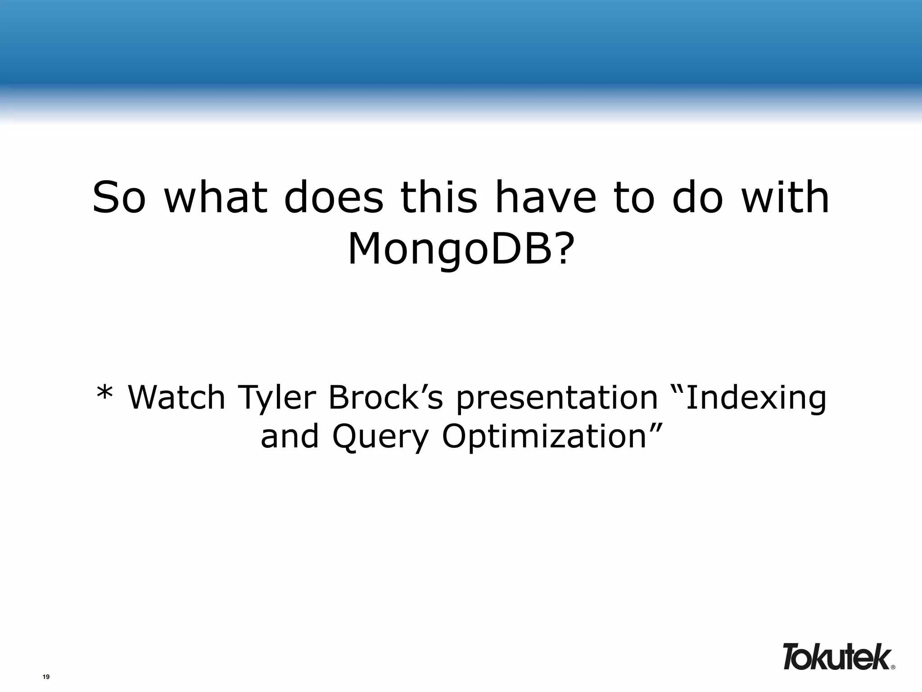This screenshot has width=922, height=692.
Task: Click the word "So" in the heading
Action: point(119,198)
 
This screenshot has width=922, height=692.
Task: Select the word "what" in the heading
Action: point(215,198)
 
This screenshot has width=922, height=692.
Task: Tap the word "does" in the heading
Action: point(334,198)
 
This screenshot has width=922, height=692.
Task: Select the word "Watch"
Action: point(176,397)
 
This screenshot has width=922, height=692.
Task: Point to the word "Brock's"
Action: point(385,397)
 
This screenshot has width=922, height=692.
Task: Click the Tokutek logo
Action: point(836,656)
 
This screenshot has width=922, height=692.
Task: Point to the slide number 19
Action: point(45,677)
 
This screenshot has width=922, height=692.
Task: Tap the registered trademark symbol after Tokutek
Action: point(893,667)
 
